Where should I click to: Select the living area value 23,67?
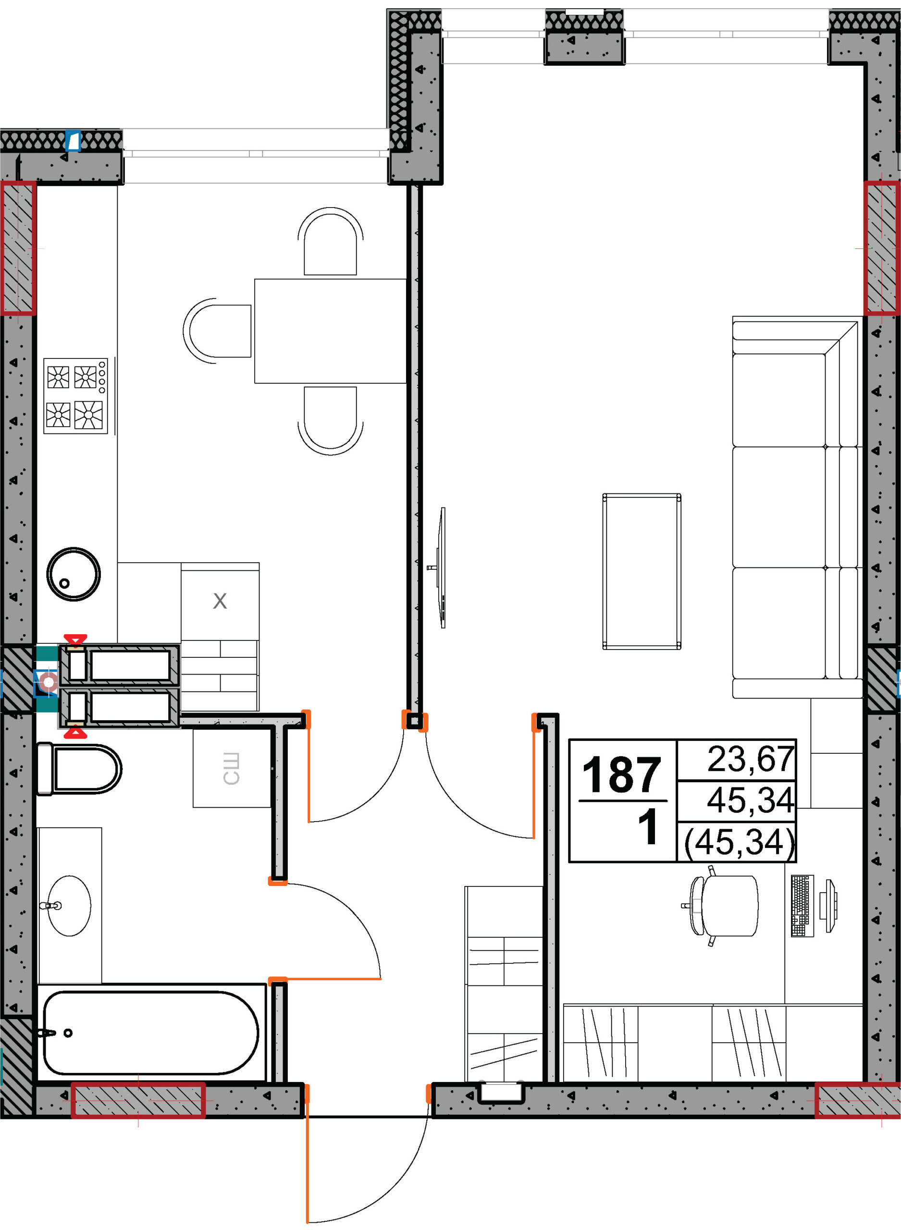point(751,759)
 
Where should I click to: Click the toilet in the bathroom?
point(78,769)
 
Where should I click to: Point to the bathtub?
point(150,1033)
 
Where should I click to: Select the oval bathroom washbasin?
point(69,906)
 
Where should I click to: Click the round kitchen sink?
point(73,574)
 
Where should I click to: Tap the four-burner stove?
point(76,396)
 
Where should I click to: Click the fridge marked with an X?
point(220,601)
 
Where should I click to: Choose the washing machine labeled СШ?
point(232,768)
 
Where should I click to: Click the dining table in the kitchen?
point(331,331)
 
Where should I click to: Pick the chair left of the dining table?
point(217,331)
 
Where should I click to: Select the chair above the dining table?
point(331,241)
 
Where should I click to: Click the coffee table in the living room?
point(642,571)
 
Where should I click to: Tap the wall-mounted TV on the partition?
point(440,567)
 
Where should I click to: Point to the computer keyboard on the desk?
point(802,906)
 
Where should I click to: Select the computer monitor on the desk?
point(831,906)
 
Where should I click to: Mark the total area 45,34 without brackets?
point(751,800)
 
